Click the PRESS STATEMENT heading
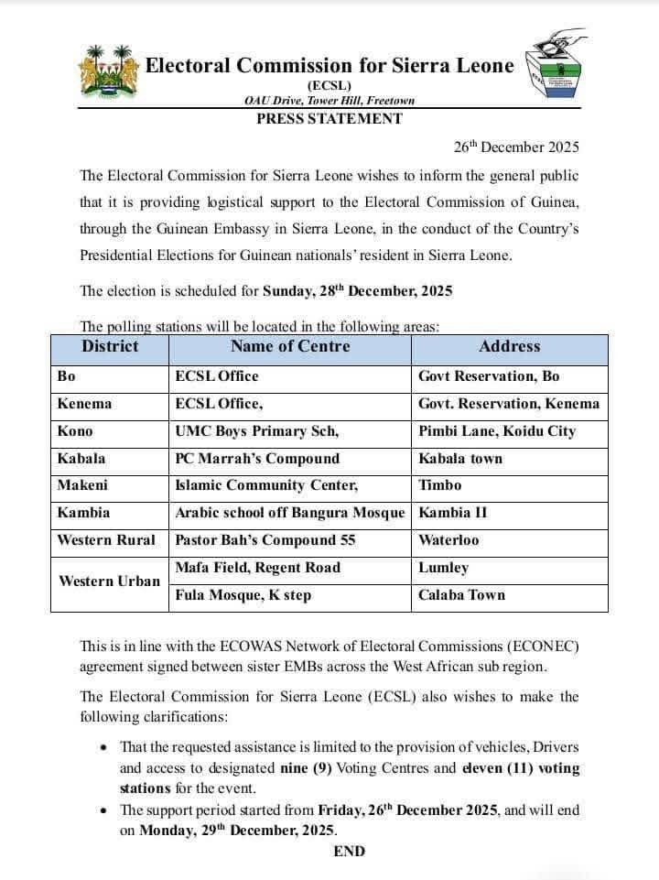point(329,118)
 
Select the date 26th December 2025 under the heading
point(516,147)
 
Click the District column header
point(110,346)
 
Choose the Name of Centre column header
point(290,346)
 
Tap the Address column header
point(509,346)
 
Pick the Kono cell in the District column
point(75,430)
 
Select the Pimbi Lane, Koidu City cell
point(496,430)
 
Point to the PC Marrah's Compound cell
point(256,458)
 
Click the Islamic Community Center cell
point(266,485)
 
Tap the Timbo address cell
point(440,485)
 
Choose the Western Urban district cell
point(109,581)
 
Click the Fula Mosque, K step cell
point(243,595)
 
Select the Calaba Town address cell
point(461,595)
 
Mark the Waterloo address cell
point(448,540)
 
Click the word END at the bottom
point(350,852)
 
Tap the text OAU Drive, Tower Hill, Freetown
point(329,100)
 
